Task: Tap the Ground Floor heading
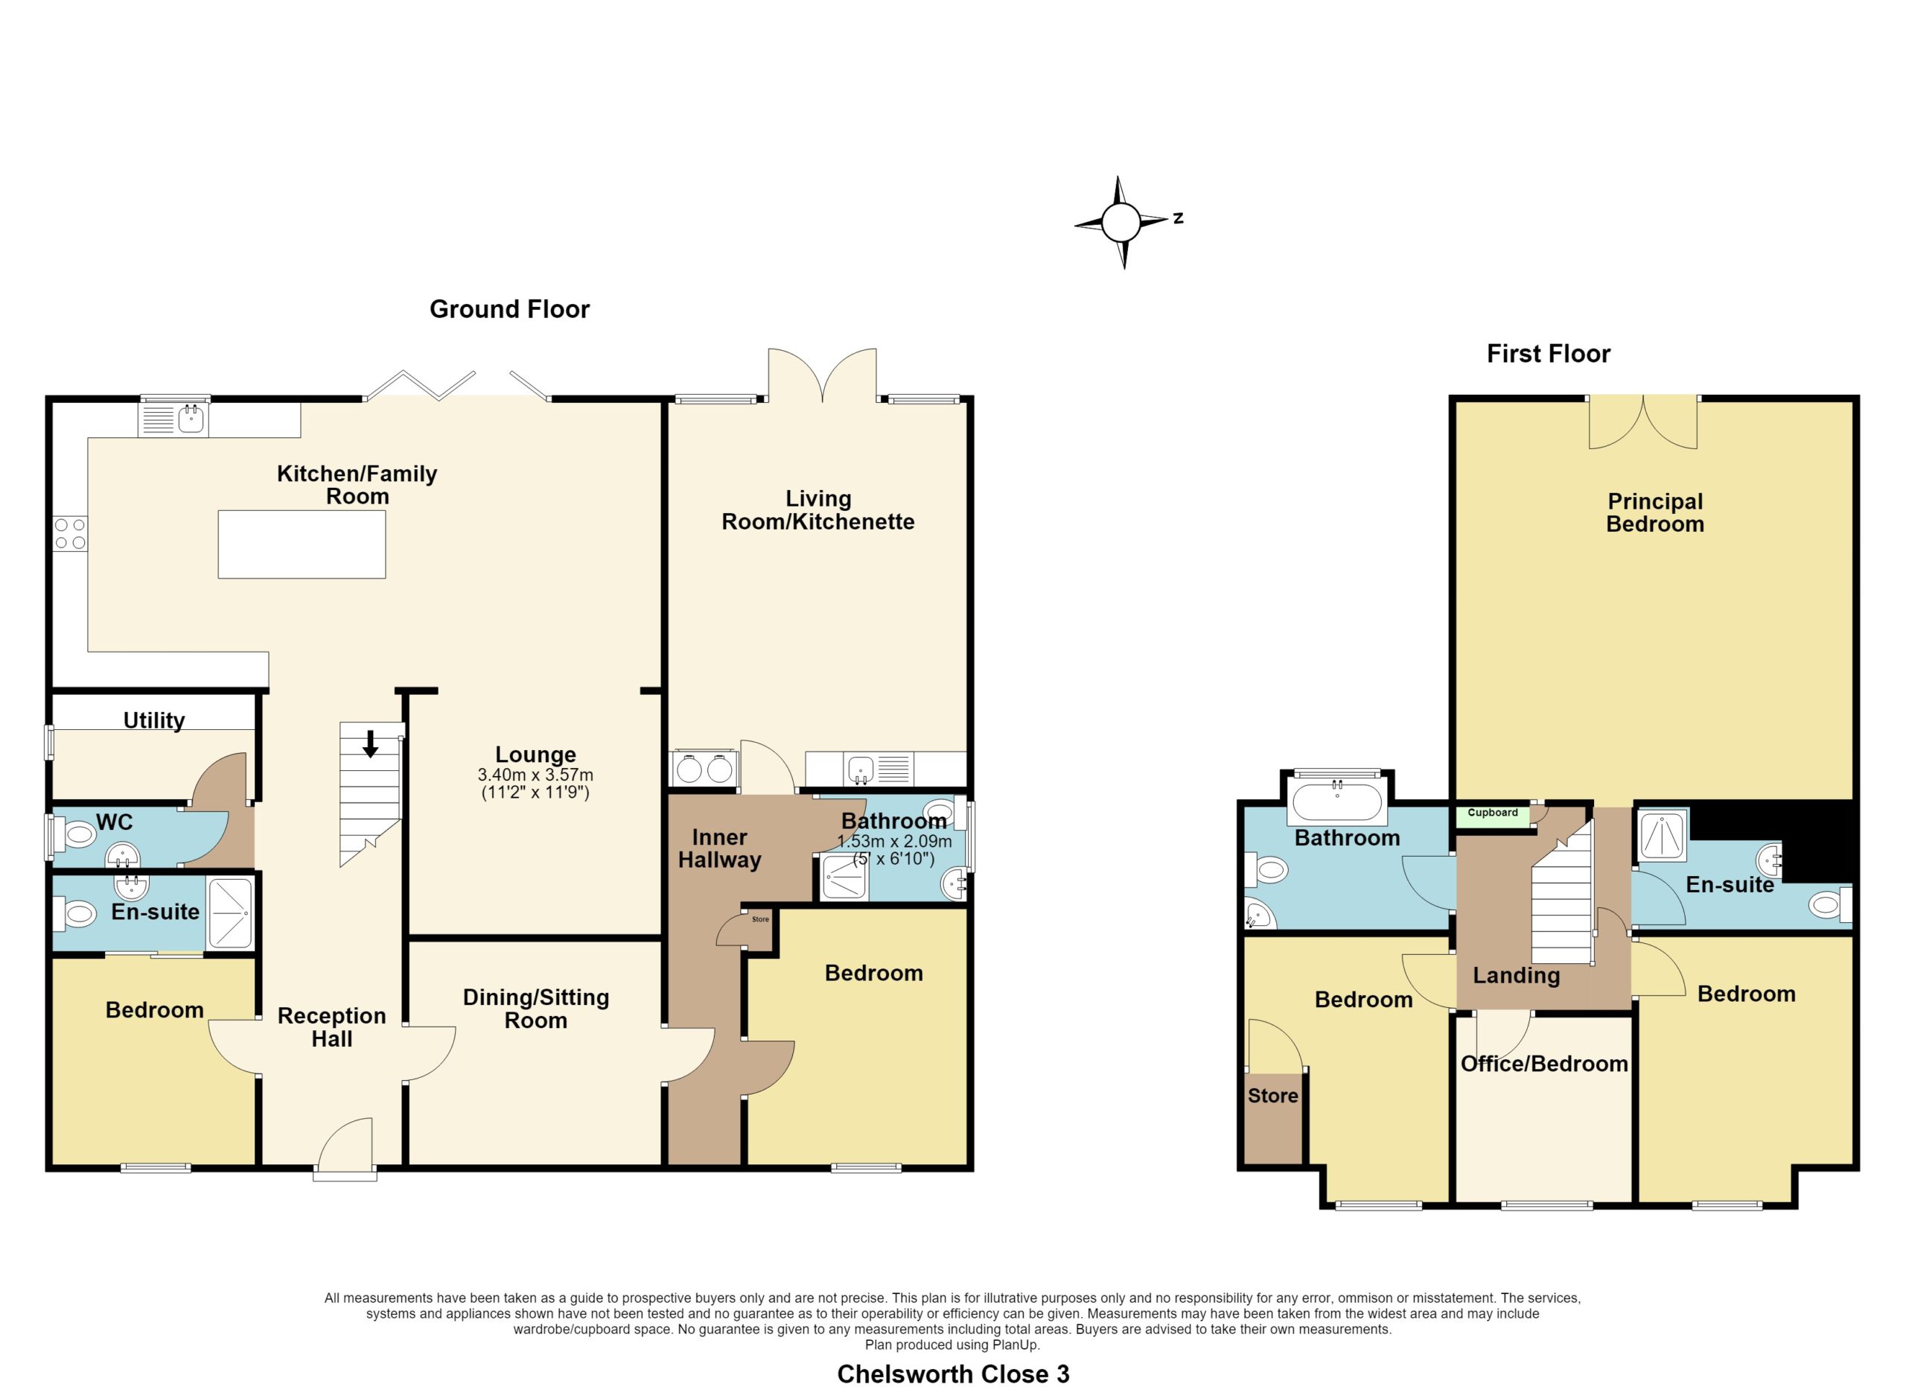tap(509, 309)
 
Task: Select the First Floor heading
tap(1548, 354)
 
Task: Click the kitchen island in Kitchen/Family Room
tap(302, 544)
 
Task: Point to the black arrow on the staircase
tap(370, 744)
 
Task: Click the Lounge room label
tap(535, 754)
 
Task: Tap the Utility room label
tap(154, 720)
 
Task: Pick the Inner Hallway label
tap(719, 848)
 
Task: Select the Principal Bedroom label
tap(1655, 512)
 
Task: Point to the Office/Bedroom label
tap(1544, 1064)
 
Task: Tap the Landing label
tap(1516, 976)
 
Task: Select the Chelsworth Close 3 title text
tap(953, 1374)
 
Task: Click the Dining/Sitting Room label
tap(535, 1009)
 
